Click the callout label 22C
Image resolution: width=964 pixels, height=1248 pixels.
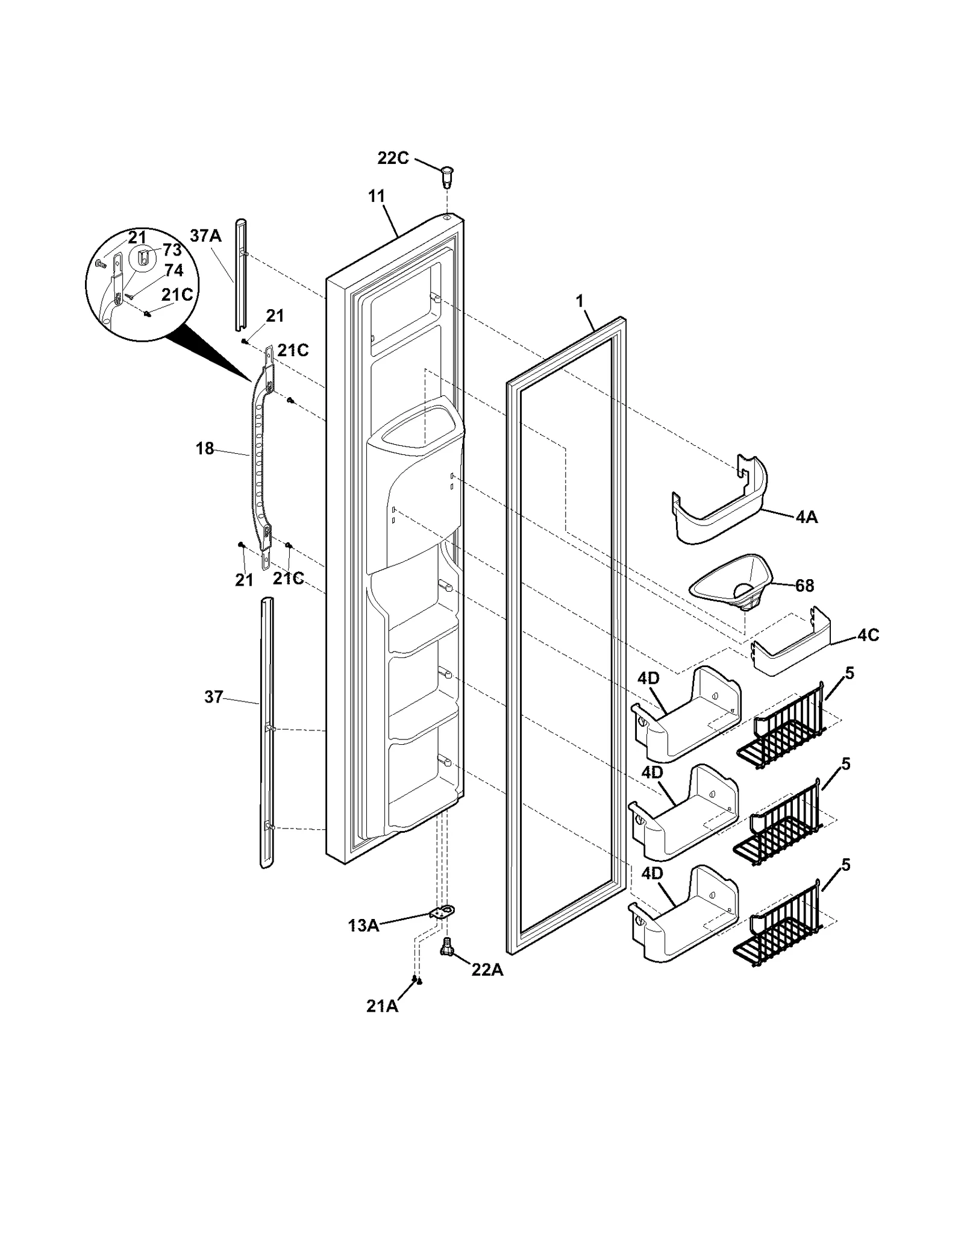click(x=393, y=158)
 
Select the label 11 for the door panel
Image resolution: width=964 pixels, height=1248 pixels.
click(x=377, y=196)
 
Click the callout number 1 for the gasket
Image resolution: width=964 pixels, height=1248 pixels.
click(x=580, y=301)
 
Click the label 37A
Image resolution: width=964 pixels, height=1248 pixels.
click(x=205, y=236)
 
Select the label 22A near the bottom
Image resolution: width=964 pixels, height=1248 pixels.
click(x=487, y=970)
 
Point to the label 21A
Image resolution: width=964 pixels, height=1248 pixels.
click(x=382, y=1006)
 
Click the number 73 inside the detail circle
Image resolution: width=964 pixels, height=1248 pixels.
click(x=172, y=250)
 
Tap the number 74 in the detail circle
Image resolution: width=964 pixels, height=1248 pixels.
click(x=174, y=270)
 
